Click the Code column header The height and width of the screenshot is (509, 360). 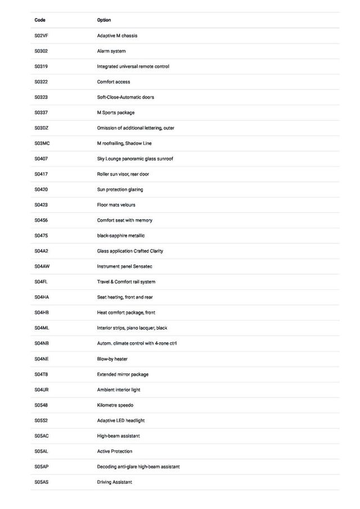point(40,20)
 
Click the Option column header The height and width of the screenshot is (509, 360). point(104,20)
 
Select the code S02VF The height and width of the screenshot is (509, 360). point(41,36)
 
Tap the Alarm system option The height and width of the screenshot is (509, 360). point(111,51)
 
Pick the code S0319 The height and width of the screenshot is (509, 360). point(41,66)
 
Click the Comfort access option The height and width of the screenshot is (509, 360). point(114,82)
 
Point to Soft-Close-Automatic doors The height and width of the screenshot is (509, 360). point(125,97)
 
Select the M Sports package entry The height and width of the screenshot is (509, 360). point(116,112)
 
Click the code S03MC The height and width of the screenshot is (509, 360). point(42,143)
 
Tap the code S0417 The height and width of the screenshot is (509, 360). point(41,174)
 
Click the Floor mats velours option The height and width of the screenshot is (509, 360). point(116,205)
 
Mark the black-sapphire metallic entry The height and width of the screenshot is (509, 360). point(121,236)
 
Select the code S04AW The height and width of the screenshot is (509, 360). point(42,267)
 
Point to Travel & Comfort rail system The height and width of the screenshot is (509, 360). point(126,282)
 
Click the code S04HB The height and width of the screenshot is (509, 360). point(42,313)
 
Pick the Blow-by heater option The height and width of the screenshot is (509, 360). point(112,359)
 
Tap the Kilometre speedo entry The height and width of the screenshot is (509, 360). point(115,405)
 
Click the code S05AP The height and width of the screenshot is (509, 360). point(42,467)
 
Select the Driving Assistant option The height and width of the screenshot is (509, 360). point(115,482)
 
